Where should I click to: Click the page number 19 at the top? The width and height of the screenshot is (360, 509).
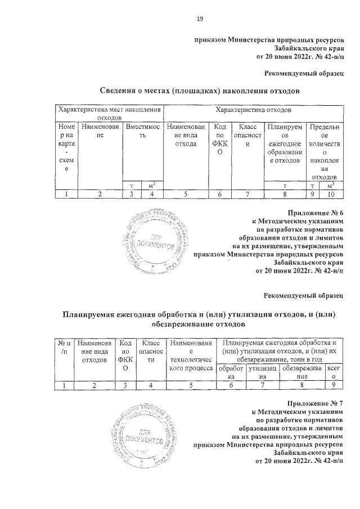pyautogui.click(x=199, y=20)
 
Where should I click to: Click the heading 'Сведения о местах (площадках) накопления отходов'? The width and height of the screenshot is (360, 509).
pyautogui.click(x=199, y=91)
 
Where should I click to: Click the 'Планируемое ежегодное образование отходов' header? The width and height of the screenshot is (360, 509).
pyautogui.click(x=285, y=144)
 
